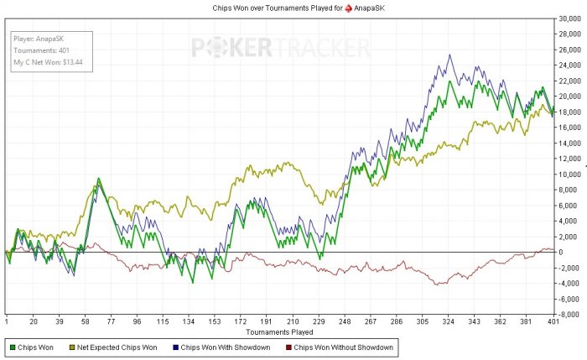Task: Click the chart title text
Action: pos(293,7)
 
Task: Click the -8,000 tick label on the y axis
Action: pos(572,315)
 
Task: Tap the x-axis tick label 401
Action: pos(553,321)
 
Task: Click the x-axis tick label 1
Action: pos(6,321)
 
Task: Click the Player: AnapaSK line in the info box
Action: pos(41,39)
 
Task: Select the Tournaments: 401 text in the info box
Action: pos(42,50)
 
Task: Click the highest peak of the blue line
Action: pos(450,55)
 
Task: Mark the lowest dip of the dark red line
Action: pos(438,285)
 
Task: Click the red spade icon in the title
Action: pos(338,7)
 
